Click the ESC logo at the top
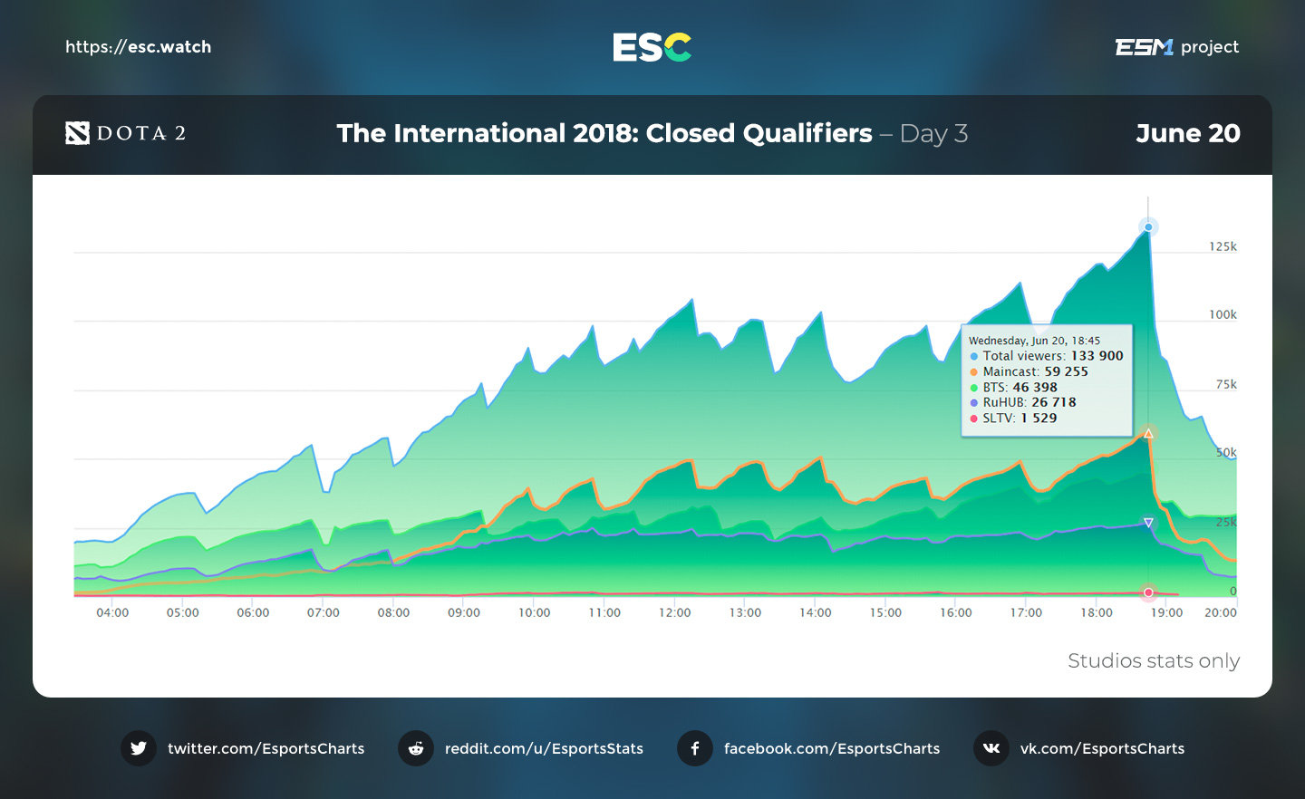[x=652, y=47]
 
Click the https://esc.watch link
[x=138, y=47]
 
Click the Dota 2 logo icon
[x=77, y=133]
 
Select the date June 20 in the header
[x=1187, y=133]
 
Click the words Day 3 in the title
[x=933, y=134]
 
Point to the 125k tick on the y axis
[x=1223, y=246]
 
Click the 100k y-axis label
[x=1223, y=314]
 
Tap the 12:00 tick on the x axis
[x=674, y=612]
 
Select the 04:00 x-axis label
[x=112, y=612]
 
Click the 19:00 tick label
[x=1166, y=612]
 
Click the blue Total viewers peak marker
[x=1148, y=227]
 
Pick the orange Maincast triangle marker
[x=1148, y=434]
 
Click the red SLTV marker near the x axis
[x=1148, y=592]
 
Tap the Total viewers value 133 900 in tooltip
[x=1097, y=356]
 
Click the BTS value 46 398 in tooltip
[x=1034, y=387]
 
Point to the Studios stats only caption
[x=1153, y=660]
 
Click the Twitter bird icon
[x=139, y=748]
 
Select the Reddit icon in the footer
[x=416, y=748]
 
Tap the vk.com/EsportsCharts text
[x=1102, y=748]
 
